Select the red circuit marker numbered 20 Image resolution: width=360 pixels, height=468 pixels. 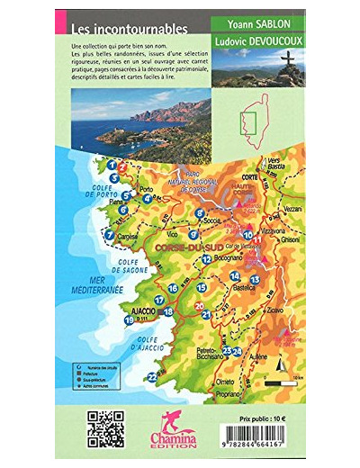(199, 306)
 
